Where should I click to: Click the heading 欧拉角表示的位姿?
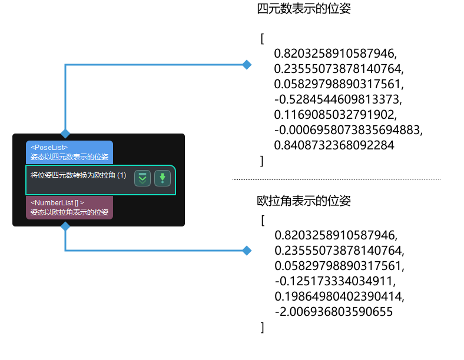[304, 201]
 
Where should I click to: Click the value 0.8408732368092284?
[334, 144]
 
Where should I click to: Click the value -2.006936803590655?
[333, 312]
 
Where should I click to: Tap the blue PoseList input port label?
[69, 152]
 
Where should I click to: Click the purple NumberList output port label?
[69, 208]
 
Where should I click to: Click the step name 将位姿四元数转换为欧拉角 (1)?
[78, 175]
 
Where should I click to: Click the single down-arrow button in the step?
[163, 178]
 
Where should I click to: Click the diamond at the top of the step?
[65, 134]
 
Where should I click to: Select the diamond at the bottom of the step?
[65, 226]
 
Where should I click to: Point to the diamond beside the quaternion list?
[247, 65]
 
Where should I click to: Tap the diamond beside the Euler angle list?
[247, 251]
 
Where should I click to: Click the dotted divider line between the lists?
[336, 179]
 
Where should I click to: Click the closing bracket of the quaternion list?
[263, 161]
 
